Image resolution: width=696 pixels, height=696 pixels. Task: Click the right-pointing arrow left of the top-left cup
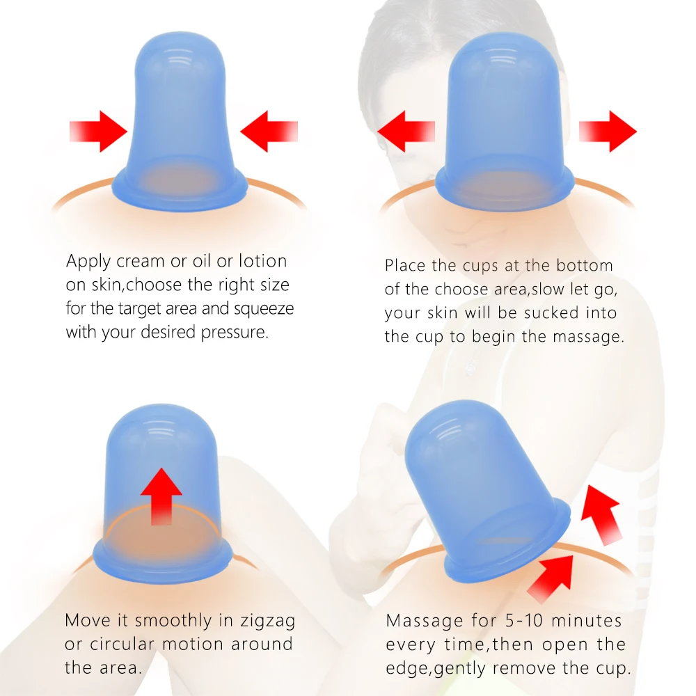(x=99, y=132)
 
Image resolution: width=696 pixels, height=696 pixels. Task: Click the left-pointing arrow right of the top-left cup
(x=269, y=132)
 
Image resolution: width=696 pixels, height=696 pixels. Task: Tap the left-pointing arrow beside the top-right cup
(x=406, y=132)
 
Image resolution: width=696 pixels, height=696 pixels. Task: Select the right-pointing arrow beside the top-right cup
(x=608, y=132)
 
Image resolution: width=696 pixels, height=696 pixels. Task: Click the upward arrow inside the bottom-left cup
(x=161, y=496)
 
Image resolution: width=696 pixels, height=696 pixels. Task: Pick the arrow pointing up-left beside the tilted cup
(x=601, y=515)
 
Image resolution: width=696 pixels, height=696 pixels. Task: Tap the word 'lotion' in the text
(x=263, y=260)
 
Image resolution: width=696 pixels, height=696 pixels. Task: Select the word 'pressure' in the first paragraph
(x=235, y=333)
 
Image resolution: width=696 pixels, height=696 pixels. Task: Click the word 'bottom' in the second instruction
(x=584, y=265)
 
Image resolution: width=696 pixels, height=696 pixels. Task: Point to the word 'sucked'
(x=552, y=313)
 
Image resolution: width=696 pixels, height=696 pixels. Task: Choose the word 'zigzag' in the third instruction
(x=268, y=621)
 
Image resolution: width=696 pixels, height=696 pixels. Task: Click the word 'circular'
(x=122, y=644)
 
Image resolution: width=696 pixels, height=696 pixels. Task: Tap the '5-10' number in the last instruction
(x=524, y=621)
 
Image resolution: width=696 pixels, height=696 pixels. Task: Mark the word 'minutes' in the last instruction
(x=586, y=621)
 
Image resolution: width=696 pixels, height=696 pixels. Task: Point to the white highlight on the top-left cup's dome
(x=180, y=60)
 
